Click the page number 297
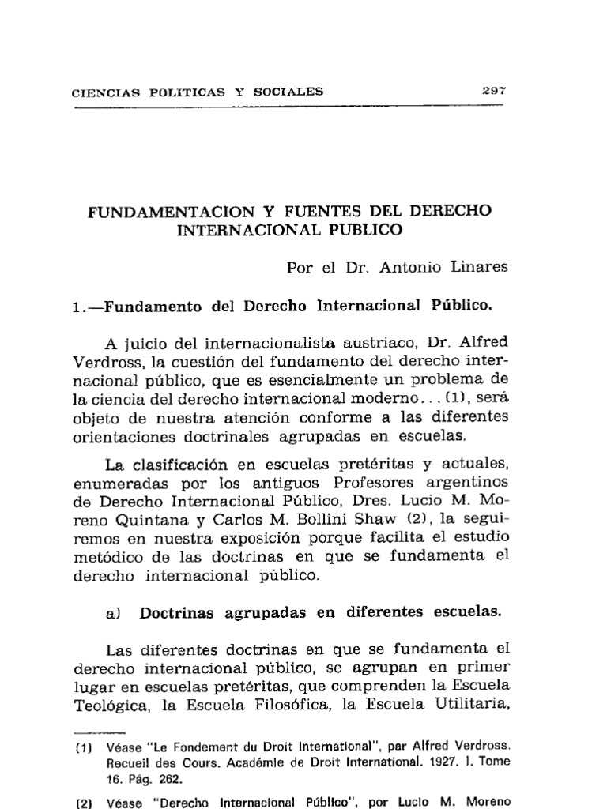coord(494,90)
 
